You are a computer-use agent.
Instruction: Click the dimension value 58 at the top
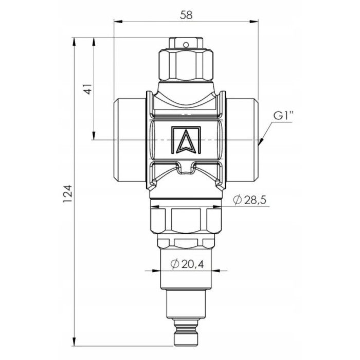[x=186, y=15]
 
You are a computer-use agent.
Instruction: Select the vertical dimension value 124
[x=68, y=193]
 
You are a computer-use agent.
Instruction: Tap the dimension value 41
[x=88, y=88]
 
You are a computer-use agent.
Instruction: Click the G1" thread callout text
[x=283, y=116]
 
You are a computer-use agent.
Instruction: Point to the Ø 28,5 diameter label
[x=249, y=200]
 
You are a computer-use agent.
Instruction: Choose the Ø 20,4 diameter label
[x=187, y=264]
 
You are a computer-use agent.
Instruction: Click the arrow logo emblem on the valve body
[x=186, y=139]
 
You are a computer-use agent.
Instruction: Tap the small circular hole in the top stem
[x=186, y=44]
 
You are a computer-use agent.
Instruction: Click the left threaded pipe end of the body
[x=130, y=140]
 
